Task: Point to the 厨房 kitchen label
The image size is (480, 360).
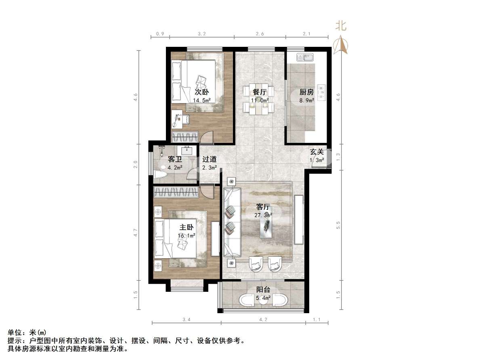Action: click(306, 92)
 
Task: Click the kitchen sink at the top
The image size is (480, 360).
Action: click(305, 57)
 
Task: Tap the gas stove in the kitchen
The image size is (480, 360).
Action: click(321, 92)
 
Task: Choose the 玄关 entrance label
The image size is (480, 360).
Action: click(317, 152)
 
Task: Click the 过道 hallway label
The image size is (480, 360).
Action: click(210, 159)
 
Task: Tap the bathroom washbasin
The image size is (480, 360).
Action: click(187, 150)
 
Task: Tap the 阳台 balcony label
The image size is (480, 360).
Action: click(263, 289)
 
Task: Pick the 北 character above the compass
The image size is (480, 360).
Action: click(341, 26)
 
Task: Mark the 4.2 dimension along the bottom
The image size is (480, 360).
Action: click(263, 320)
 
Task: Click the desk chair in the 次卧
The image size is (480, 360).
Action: click(185, 118)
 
